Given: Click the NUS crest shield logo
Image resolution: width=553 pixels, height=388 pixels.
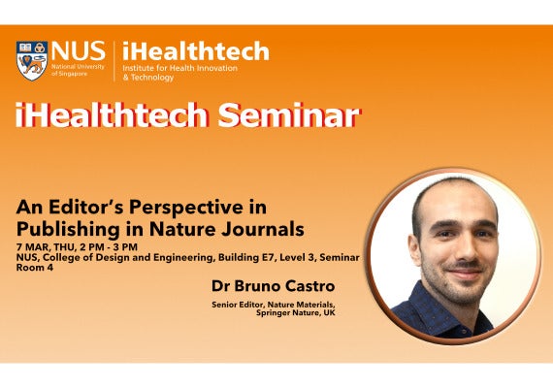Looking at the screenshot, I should coord(31,60).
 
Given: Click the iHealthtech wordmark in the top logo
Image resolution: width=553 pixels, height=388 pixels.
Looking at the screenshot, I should coord(195,51).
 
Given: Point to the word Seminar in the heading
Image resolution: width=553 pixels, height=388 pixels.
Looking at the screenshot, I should coord(288,115).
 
